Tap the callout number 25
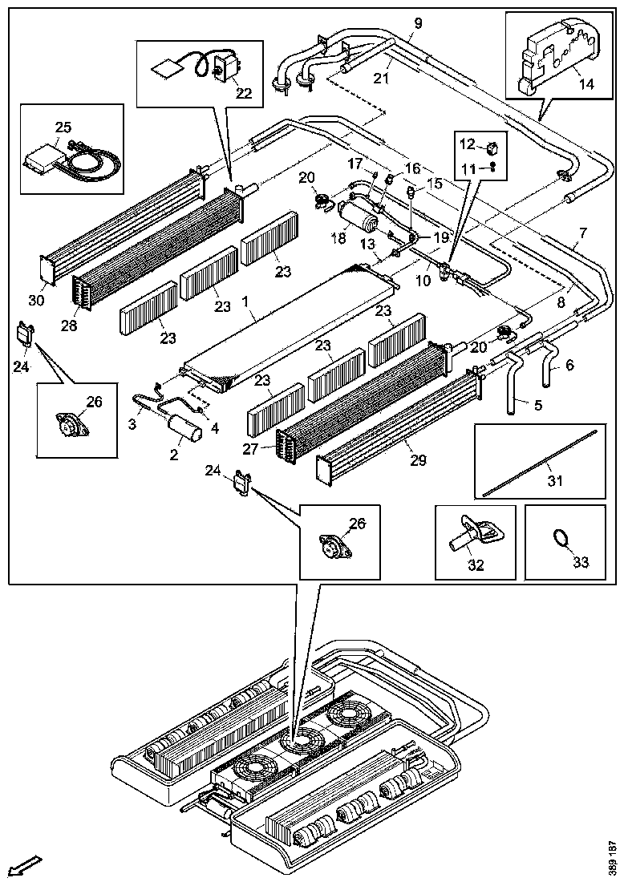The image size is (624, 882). click(63, 126)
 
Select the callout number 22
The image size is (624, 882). click(243, 93)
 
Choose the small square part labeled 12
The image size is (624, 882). click(492, 147)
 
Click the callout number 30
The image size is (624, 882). click(36, 300)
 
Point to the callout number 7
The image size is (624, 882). click(582, 234)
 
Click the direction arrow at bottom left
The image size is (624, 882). click(26, 866)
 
